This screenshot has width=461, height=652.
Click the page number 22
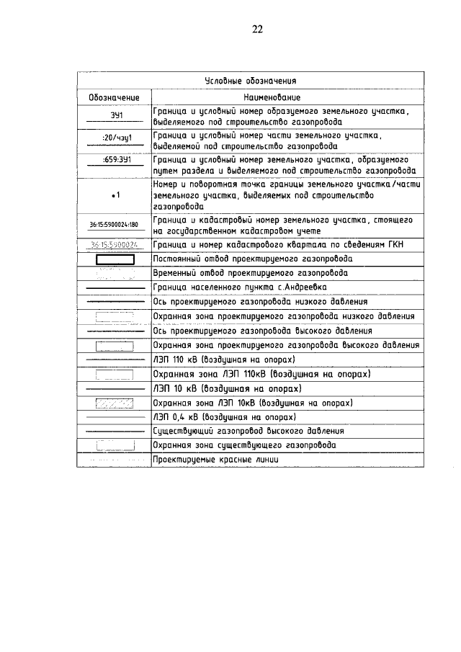(x=257, y=30)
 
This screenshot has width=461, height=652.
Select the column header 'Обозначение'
(x=114, y=97)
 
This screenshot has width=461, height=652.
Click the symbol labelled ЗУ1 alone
(x=114, y=116)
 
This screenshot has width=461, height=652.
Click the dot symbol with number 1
(x=115, y=195)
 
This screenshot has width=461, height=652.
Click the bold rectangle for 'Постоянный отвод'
(x=114, y=259)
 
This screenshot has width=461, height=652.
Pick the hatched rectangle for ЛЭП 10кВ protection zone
(x=114, y=402)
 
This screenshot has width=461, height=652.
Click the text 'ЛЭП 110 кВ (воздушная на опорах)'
(x=225, y=359)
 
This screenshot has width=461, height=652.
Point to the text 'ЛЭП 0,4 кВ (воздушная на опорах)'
(x=224, y=416)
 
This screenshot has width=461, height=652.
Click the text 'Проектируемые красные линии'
(x=215, y=460)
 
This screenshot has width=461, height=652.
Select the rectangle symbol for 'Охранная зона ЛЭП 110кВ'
(x=114, y=374)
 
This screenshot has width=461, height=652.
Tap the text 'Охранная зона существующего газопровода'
(x=243, y=445)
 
